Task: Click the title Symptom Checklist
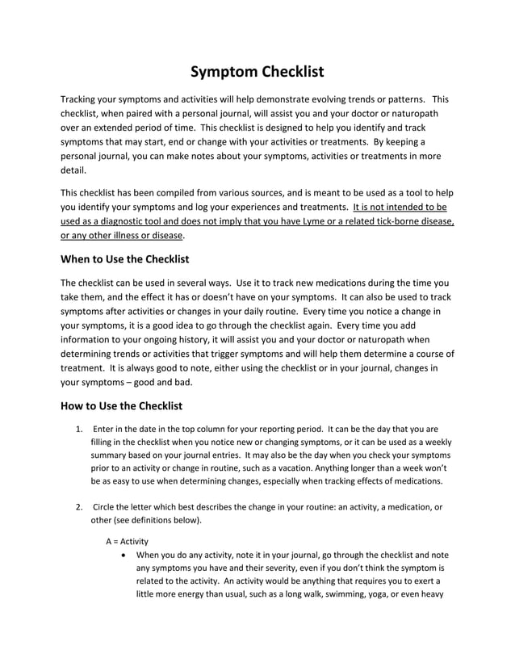coord(257,72)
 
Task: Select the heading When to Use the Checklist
coord(124,259)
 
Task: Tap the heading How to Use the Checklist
coord(122,405)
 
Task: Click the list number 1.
coord(78,429)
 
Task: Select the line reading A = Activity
coord(127,540)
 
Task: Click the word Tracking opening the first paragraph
coord(82,99)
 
